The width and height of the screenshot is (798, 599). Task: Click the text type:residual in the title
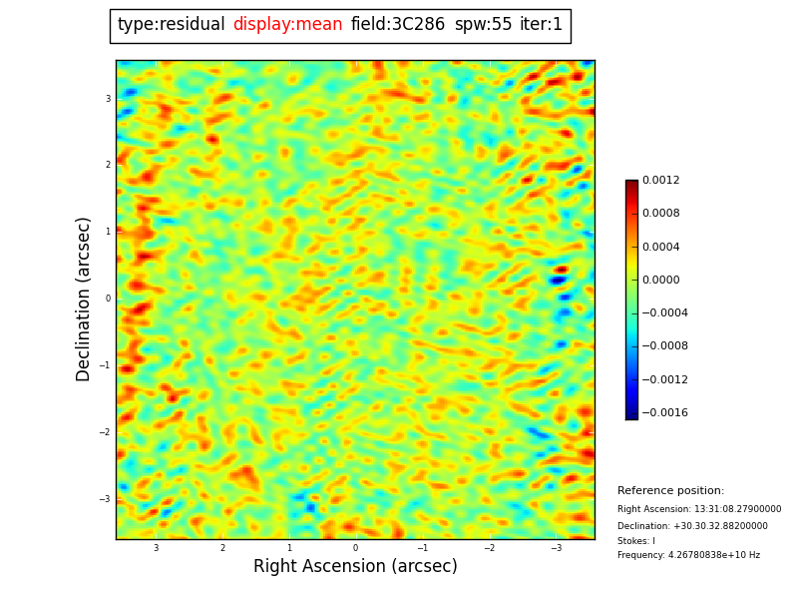[171, 25]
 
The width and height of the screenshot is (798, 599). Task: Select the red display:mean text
[287, 25]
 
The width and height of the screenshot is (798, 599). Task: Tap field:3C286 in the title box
[398, 25]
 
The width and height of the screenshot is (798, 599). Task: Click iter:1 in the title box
[541, 25]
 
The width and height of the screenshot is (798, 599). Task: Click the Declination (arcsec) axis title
[84, 299]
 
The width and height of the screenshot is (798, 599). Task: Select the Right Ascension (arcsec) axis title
[355, 567]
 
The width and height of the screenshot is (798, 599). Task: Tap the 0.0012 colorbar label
[660, 181]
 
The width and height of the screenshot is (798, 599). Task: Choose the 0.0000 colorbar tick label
[660, 281]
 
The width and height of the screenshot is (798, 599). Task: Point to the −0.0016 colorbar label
[663, 413]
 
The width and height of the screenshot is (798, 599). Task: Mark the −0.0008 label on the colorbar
[663, 346]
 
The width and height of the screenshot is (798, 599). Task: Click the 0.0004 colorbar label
[660, 248]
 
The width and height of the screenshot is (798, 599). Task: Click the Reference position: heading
[670, 491]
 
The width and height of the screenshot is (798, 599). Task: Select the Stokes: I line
[636, 541]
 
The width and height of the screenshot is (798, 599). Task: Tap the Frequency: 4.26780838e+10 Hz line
[688, 555]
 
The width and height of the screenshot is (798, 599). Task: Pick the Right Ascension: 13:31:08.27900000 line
[699, 509]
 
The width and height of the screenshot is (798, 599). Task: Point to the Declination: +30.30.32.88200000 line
[692, 526]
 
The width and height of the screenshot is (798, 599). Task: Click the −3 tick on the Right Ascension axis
[557, 548]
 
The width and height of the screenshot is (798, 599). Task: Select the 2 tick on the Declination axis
[108, 165]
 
